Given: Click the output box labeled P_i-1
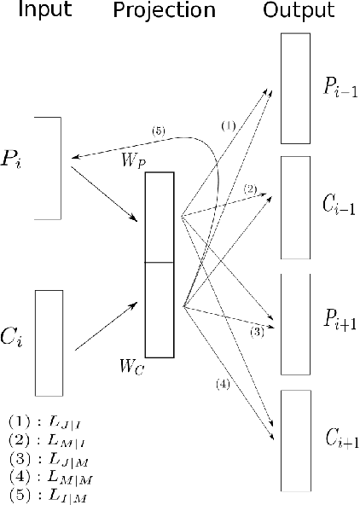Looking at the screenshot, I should tap(296, 88).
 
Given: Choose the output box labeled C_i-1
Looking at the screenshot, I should tap(296, 208).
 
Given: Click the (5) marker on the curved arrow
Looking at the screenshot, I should tap(157, 131).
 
